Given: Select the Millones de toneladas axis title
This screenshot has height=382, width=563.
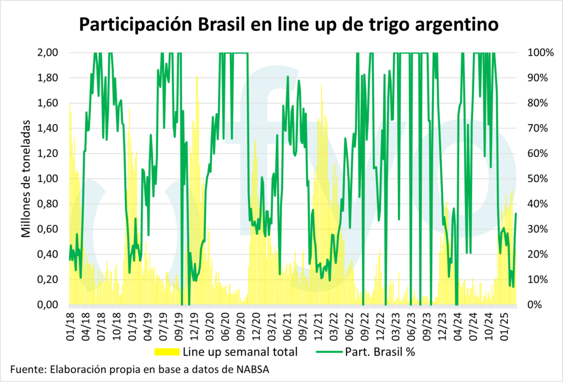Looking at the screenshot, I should (26, 179).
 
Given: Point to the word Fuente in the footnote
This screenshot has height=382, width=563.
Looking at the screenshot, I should (26, 369).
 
